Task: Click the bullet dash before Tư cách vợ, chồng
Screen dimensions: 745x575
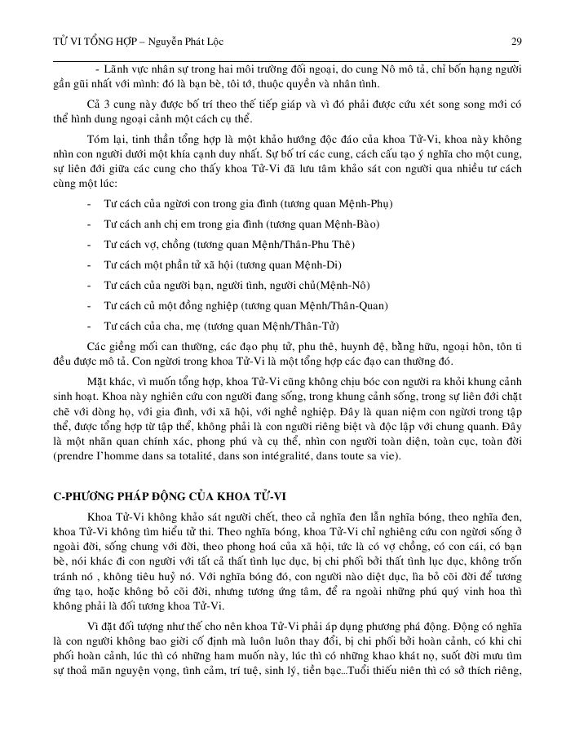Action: [x=88, y=244]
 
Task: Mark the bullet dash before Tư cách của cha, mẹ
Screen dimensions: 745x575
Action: [x=88, y=326]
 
